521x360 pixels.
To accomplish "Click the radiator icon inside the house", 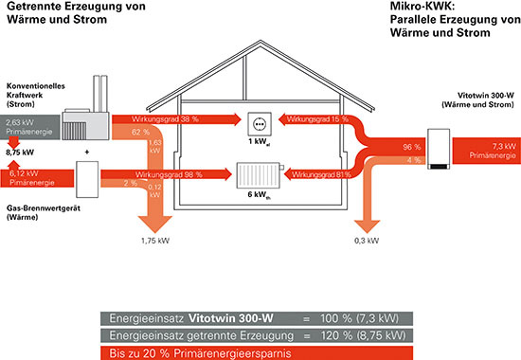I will point(259,175).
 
